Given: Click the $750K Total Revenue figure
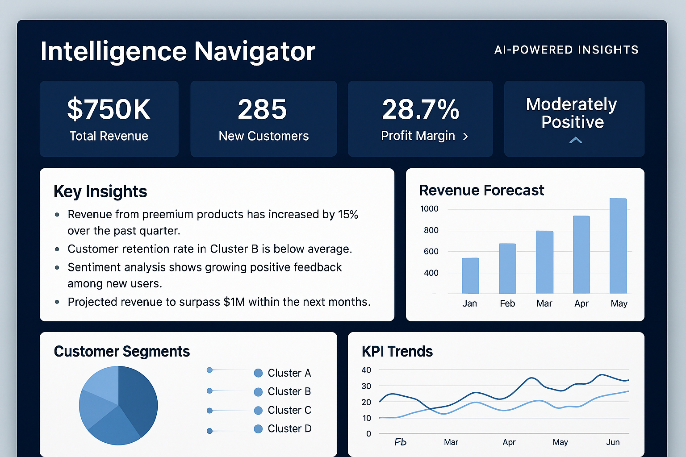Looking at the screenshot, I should (x=109, y=109).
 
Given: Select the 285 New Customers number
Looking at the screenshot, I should (x=262, y=109).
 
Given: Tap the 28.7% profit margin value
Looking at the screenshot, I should (x=420, y=109).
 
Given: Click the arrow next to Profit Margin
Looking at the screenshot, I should (x=465, y=137).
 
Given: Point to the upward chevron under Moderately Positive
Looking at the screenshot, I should (x=576, y=140).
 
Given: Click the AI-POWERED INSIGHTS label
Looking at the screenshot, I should (x=566, y=50).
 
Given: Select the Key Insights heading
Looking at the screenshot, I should (x=100, y=191).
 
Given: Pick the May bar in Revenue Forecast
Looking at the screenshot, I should (x=618, y=245).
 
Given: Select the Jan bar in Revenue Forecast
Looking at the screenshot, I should (x=470, y=275).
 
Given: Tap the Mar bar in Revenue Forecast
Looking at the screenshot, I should (x=544, y=262).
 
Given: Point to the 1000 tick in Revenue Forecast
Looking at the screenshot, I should (x=429, y=209).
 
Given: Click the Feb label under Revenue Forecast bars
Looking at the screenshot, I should (x=507, y=303).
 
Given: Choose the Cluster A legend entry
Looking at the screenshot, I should (x=282, y=373).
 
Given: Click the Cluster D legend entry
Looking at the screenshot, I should (x=282, y=429).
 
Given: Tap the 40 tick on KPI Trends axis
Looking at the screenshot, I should (x=366, y=370).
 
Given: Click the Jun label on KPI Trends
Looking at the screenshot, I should (x=613, y=442).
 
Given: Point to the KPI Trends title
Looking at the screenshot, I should (x=397, y=352).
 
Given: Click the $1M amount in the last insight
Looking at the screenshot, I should (x=234, y=302).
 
